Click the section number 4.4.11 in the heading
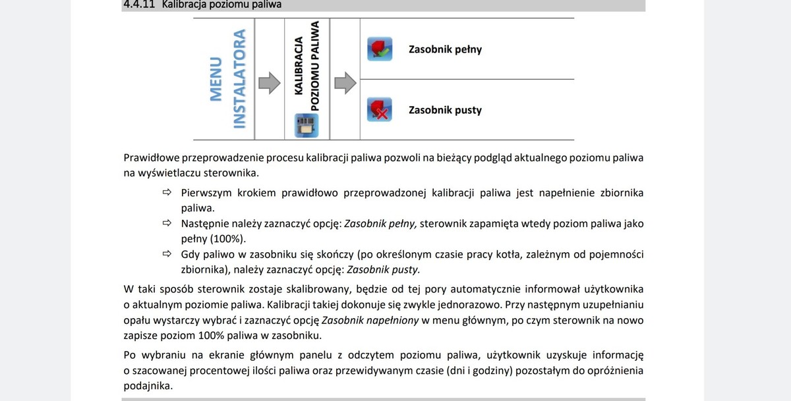click(138, 5)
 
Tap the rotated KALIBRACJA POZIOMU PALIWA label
click(307, 66)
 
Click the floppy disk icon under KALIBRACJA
click(306, 125)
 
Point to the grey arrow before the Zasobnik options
click(345, 82)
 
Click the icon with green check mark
click(379, 49)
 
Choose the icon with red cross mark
click(379, 109)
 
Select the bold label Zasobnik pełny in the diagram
click(445, 49)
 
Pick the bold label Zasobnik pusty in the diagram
click(445, 110)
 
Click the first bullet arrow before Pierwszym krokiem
click(167, 193)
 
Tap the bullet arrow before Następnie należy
click(167, 224)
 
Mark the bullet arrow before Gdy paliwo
click(167, 254)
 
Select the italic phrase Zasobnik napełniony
click(370, 321)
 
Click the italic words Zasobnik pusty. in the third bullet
click(383, 269)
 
